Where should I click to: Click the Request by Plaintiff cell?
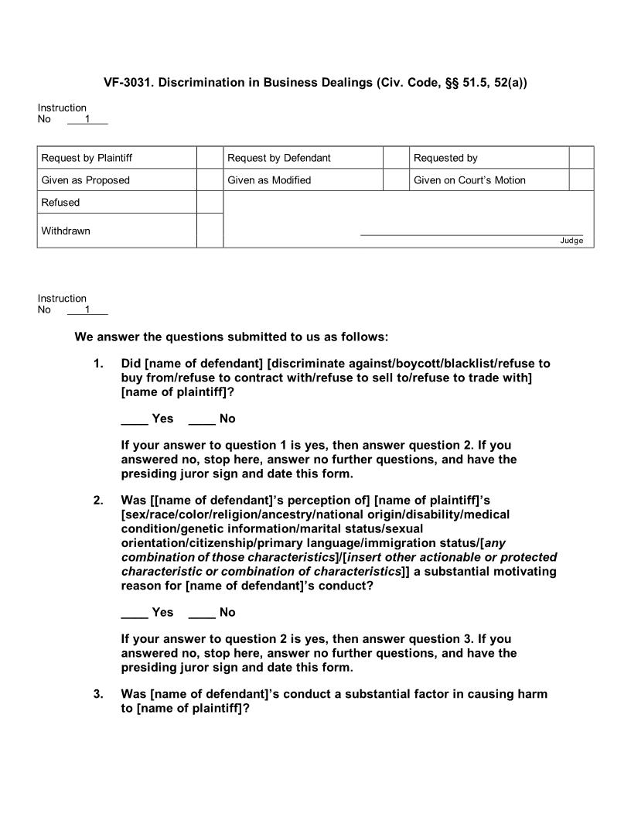click(87, 158)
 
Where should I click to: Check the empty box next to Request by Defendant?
click(395, 158)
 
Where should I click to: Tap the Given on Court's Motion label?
click(469, 180)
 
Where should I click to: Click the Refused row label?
click(60, 203)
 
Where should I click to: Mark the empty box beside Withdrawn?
click(210, 231)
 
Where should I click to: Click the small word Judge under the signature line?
click(571, 241)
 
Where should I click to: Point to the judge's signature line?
click(472, 234)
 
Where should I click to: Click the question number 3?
click(98, 694)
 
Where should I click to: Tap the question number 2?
click(98, 501)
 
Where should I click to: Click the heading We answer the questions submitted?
click(231, 337)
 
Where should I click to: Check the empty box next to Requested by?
click(581, 158)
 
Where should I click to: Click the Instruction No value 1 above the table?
click(87, 119)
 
